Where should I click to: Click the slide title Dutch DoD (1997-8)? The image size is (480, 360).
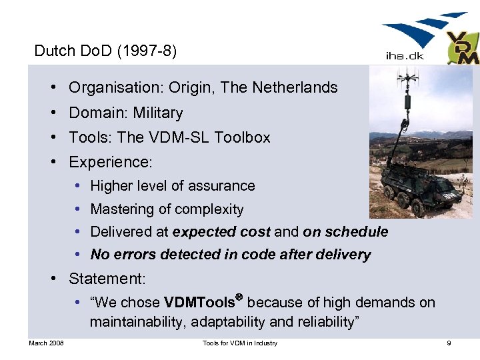click(105, 51)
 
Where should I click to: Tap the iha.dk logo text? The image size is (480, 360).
click(405, 57)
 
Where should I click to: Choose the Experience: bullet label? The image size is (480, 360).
click(111, 162)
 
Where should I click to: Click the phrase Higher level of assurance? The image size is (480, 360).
click(173, 186)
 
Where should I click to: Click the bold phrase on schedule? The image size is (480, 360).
click(345, 232)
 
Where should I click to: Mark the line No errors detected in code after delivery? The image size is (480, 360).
click(231, 255)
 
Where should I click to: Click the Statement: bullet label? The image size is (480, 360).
click(107, 279)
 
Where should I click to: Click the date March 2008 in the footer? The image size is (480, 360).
click(46, 343)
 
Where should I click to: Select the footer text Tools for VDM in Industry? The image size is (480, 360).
click(240, 343)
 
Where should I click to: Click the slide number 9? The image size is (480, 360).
click(449, 343)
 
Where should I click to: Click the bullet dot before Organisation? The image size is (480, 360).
click(51, 88)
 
